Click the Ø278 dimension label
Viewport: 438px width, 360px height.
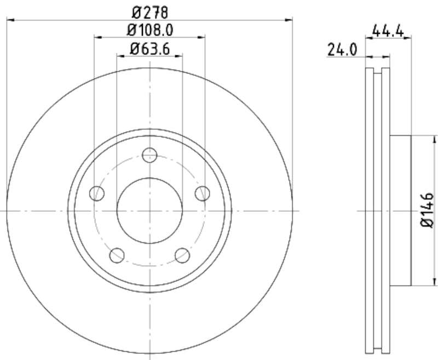click(x=149, y=10)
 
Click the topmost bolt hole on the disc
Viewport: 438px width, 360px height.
click(x=149, y=155)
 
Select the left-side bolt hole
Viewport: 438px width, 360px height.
click(x=97, y=193)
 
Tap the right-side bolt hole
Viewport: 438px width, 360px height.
click(x=203, y=193)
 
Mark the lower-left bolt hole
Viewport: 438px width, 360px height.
click(x=117, y=255)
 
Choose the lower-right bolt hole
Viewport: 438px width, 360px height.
click(x=182, y=255)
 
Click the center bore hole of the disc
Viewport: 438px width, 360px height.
click(x=149, y=211)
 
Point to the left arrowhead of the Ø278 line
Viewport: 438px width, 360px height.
click(x=9, y=20)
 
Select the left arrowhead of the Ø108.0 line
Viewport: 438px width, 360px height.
click(x=97, y=38)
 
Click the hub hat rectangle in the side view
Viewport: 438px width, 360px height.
click(x=400, y=211)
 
